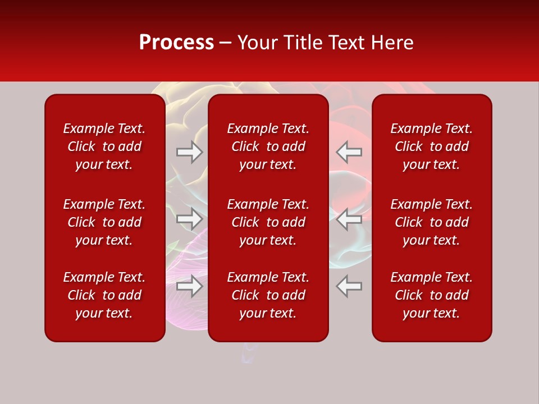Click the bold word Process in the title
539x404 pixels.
(x=176, y=43)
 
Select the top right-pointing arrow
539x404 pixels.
(x=190, y=152)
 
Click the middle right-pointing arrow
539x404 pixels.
(x=190, y=219)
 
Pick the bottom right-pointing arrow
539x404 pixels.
(x=190, y=286)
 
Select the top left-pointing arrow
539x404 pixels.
(x=349, y=152)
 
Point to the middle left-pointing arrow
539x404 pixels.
(x=349, y=219)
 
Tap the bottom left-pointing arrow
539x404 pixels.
(x=349, y=286)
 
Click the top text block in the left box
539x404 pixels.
(x=104, y=146)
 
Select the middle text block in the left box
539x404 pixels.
(x=104, y=222)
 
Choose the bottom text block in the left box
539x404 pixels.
(x=104, y=295)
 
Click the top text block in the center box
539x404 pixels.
(x=268, y=146)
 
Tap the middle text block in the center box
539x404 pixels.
(x=268, y=222)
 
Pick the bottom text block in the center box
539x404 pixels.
(x=268, y=295)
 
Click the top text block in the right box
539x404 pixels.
(x=431, y=146)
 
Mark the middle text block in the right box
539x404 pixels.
(x=431, y=222)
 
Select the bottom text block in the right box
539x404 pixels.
(x=431, y=295)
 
